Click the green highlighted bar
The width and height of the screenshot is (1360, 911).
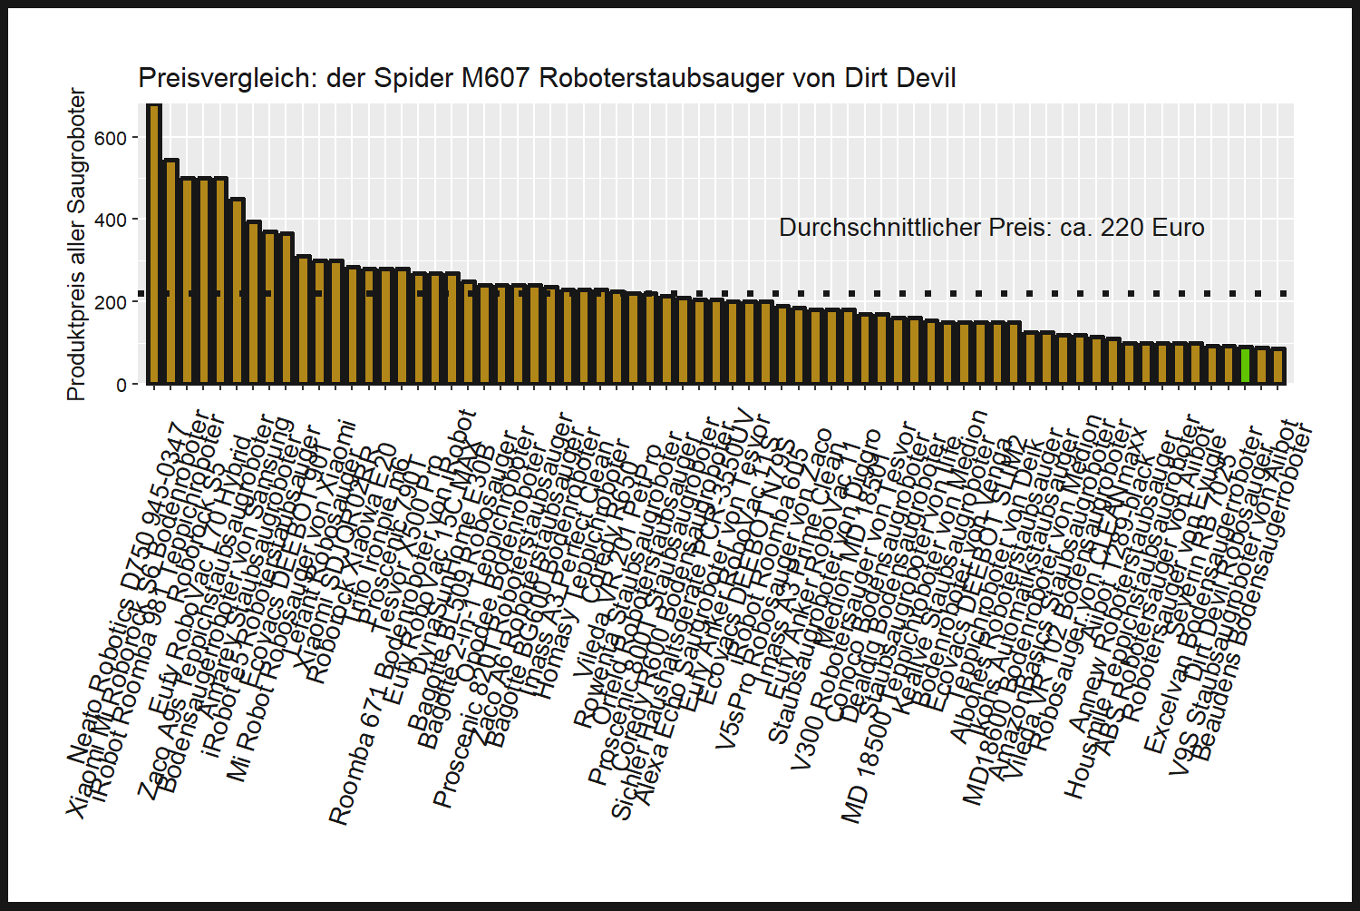point(1246,366)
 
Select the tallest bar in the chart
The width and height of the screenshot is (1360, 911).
point(154,245)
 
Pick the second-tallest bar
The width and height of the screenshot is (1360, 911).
point(170,272)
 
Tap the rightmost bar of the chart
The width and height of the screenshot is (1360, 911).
point(1278,367)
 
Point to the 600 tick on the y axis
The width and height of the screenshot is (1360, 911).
point(111,138)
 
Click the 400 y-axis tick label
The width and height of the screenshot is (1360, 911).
point(111,220)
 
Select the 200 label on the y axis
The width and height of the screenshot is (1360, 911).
point(111,302)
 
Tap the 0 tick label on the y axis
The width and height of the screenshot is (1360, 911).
point(121,385)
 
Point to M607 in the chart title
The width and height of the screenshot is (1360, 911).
point(495,78)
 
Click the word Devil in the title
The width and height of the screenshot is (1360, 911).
point(926,78)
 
